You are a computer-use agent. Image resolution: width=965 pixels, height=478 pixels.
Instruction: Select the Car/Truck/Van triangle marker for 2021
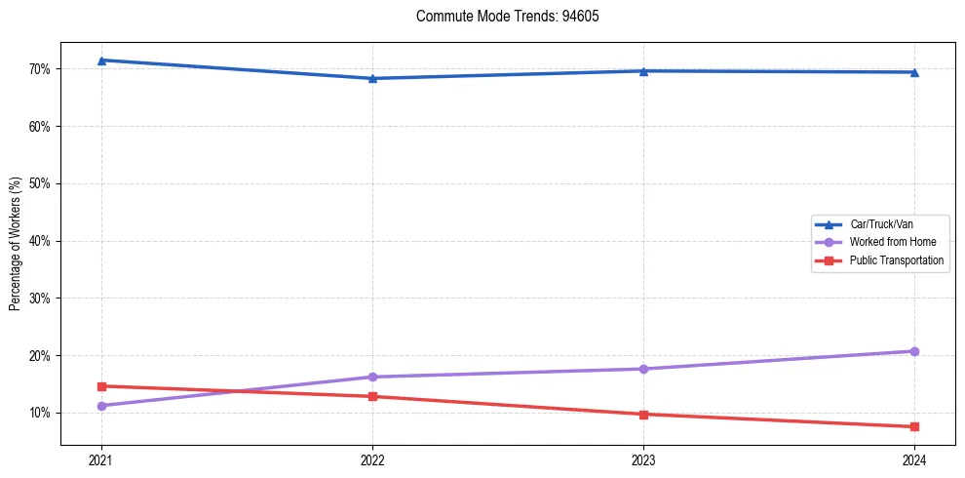click(101, 60)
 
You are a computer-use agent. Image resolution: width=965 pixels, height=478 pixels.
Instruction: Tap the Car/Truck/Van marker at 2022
click(372, 78)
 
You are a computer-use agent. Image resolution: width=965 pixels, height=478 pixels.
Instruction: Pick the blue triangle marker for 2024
click(914, 71)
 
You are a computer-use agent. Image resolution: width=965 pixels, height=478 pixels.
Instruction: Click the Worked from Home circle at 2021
click(101, 406)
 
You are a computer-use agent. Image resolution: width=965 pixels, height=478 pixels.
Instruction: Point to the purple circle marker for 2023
click(643, 369)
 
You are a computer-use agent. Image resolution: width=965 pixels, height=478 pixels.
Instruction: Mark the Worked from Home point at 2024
click(914, 351)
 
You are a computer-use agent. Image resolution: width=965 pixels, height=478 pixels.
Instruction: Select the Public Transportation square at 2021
click(101, 386)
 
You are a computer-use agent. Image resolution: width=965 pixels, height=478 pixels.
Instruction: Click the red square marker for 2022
click(372, 396)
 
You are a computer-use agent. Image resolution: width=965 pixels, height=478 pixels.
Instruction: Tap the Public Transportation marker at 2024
click(914, 426)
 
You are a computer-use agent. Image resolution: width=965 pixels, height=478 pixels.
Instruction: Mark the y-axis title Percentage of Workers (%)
click(15, 244)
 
